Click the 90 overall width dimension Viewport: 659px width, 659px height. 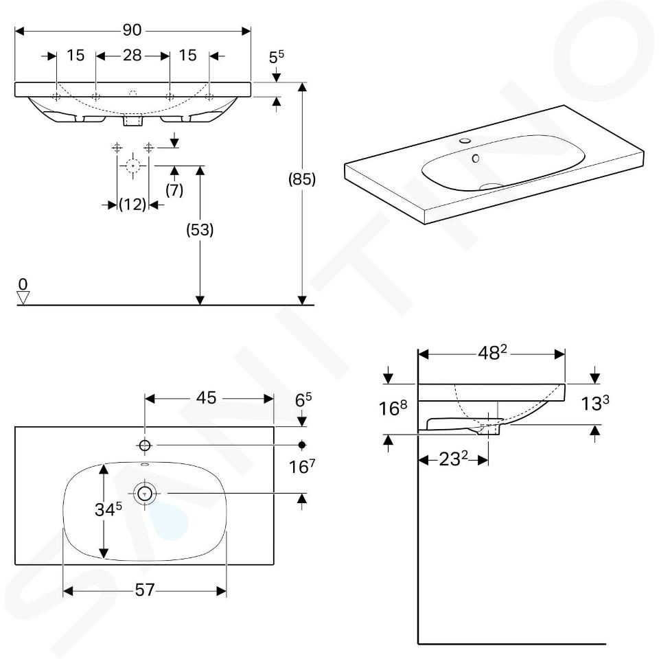point(132,30)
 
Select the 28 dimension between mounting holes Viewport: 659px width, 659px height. point(132,55)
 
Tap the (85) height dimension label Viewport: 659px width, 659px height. point(302,179)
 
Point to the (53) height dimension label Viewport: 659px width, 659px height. point(200,229)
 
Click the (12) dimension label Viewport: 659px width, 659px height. point(132,205)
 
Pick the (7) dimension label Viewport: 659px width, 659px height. point(174,190)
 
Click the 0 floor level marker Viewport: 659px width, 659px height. point(23,284)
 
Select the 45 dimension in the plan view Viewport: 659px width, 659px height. point(206,397)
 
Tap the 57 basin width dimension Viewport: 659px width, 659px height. point(145,590)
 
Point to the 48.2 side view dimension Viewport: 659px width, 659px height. point(492,353)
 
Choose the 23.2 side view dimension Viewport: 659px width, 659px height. point(454,459)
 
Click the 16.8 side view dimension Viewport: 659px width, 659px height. point(393,408)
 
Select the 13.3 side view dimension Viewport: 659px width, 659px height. point(594,403)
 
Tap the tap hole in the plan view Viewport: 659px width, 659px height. point(145,445)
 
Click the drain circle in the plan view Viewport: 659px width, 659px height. point(145,494)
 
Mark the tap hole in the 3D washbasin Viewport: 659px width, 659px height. point(465,140)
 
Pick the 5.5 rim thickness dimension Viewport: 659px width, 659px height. point(277,56)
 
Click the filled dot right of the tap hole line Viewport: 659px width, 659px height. point(302,445)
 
